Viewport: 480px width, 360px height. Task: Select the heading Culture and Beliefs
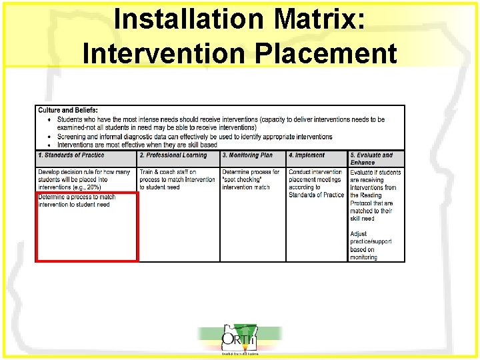tap(68, 110)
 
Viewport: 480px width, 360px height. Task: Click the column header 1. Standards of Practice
tap(71, 155)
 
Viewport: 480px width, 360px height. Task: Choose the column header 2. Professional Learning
tap(173, 155)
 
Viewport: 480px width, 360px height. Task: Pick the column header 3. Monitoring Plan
tap(247, 155)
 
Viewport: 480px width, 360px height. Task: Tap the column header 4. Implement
tap(307, 155)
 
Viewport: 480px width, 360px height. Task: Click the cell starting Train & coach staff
tap(177, 179)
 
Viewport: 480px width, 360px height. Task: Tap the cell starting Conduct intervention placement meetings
tap(316, 183)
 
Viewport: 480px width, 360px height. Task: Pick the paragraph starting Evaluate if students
tap(375, 195)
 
